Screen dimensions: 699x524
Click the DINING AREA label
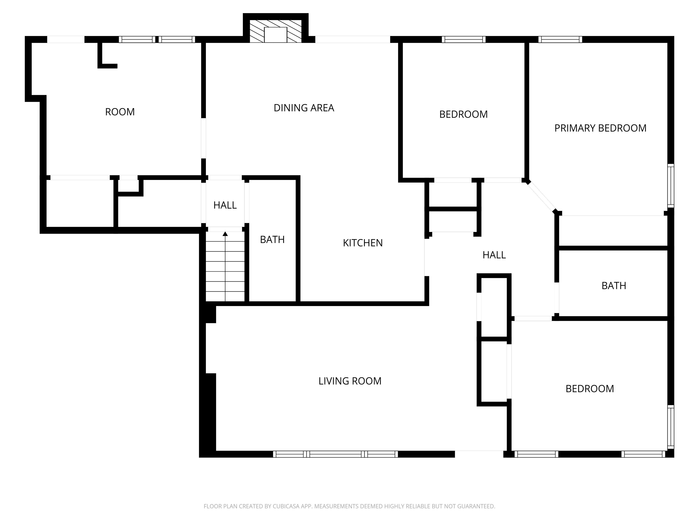(304, 108)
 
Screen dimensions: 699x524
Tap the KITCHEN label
(363, 243)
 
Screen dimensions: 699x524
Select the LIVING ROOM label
(350, 381)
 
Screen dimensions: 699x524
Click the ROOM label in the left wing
(120, 112)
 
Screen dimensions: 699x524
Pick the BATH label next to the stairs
(272, 240)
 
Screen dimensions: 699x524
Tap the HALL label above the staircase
(225, 205)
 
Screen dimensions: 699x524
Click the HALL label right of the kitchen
(494, 255)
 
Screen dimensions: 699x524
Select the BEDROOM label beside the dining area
(463, 114)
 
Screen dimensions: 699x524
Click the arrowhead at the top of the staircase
(225, 234)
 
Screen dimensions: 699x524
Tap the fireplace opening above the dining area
(276, 35)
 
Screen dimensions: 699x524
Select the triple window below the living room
(335, 454)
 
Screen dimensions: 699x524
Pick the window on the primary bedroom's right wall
(671, 186)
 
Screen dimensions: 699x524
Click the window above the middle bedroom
(463, 40)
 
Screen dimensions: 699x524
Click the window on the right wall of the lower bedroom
(671, 427)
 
